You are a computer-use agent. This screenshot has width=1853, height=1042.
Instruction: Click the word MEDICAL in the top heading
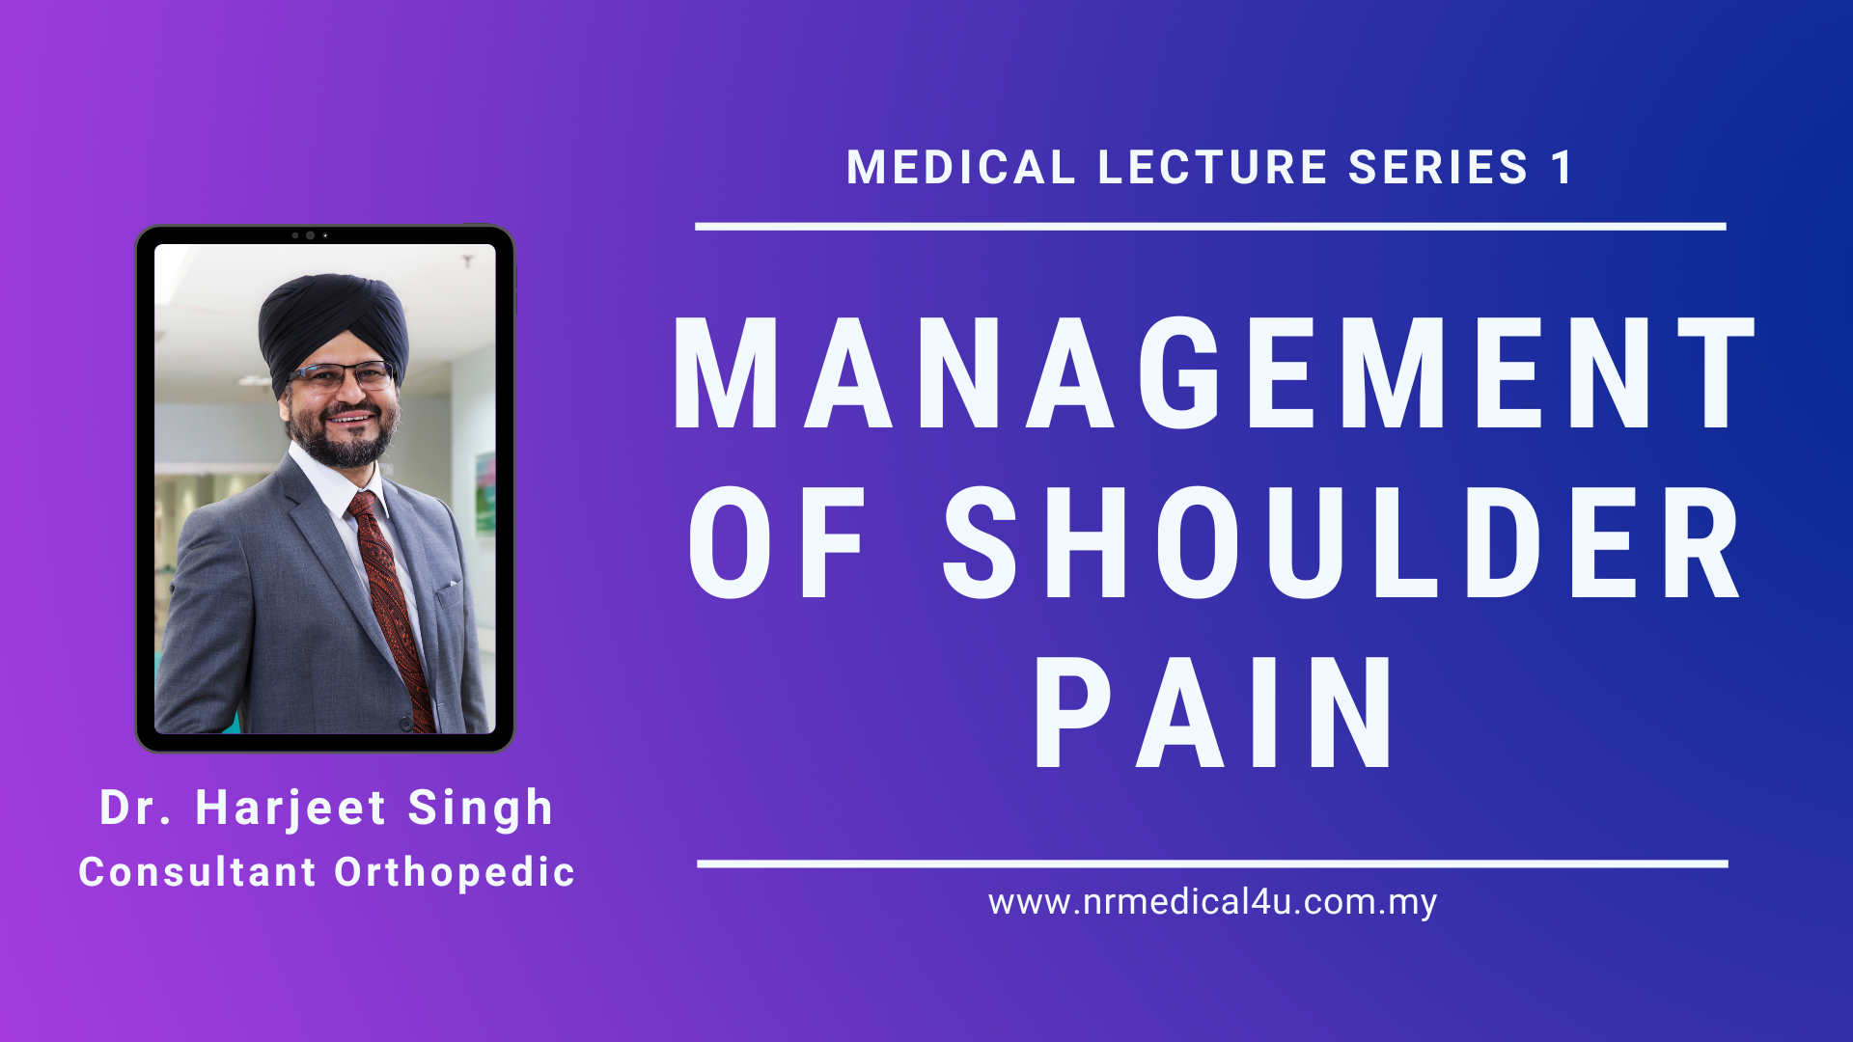(961, 168)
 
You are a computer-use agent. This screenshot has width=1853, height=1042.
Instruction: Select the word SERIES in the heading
(1438, 168)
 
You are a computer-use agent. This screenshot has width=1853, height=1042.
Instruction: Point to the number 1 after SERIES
(1562, 168)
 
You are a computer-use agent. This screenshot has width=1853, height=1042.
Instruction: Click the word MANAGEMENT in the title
(1213, 372)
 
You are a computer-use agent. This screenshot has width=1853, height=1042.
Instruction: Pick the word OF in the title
(778, 541)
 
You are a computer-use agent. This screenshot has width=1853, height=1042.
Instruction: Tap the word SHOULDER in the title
(1341, 541)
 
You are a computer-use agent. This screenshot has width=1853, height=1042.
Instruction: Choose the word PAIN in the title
(1214, 712)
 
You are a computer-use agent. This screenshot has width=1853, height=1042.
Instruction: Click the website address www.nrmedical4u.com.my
(1213, 902)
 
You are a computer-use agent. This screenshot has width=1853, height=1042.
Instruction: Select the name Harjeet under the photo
(290, 809)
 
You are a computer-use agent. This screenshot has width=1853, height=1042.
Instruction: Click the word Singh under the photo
(481, 809)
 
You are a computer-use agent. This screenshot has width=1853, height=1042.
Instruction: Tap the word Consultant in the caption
(198, 872)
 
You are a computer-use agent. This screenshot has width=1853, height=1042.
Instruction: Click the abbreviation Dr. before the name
(136, 808)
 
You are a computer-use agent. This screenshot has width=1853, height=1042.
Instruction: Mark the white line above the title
(1210, 227)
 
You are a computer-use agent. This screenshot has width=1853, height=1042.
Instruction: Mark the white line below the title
(1212, 864)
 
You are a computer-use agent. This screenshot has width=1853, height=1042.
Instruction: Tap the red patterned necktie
(390, 608)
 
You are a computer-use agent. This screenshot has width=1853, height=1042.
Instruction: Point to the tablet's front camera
(310, 235)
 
